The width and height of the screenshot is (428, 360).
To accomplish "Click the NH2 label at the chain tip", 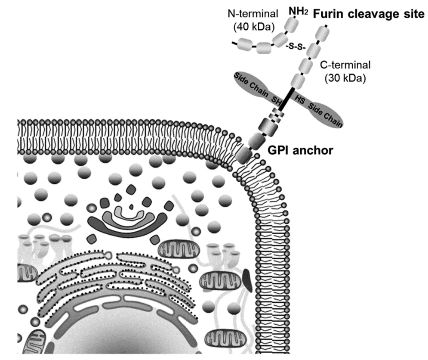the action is point(299,11).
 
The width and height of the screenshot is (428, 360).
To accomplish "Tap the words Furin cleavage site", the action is point(369,13).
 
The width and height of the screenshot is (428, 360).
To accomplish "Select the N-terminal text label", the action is point(253,13).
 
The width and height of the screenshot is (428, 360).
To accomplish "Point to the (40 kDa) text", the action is point(254,27).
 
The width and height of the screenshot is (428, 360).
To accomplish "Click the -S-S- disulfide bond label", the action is point(296,47).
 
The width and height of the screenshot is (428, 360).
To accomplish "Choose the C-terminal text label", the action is point(345,65).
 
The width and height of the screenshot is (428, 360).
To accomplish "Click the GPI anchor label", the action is point(300,150).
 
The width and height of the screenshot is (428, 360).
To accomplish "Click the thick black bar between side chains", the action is point(286,99).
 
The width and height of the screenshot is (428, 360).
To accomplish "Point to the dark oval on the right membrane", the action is point(247,280).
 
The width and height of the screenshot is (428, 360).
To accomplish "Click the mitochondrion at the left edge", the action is point(27,273).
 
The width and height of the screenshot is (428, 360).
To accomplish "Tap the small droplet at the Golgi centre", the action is point(131,207).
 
